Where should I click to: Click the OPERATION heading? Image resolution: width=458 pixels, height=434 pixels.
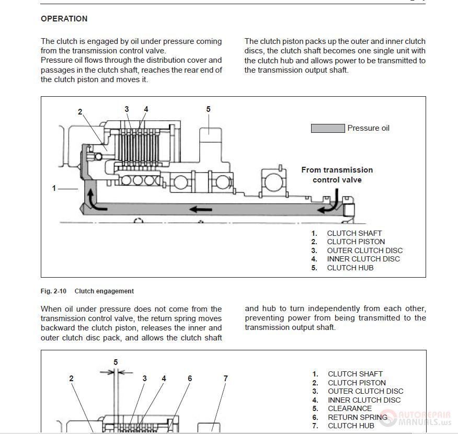(x=64, y=19)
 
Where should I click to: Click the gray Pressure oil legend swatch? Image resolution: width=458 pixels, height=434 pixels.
(x=328, y=128)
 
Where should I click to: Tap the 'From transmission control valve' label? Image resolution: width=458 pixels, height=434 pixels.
(x=337, y=175)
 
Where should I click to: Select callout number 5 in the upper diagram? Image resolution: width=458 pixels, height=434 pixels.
(x=208, y=109)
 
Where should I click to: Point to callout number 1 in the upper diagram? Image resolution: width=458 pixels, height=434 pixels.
(x=54, y=188)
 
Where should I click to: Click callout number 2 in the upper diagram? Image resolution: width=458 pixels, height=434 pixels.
(x=80, y=112)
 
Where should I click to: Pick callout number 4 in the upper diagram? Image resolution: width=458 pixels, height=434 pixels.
(x=146, y=109)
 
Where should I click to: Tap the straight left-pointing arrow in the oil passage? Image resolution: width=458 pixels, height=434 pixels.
(x=201, y=210)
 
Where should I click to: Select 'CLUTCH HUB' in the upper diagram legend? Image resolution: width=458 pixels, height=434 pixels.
(x=350, y=268)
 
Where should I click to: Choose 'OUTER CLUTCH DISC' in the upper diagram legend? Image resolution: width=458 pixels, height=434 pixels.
(x=364, y=250)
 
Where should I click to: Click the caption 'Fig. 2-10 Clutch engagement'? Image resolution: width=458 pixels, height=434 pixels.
(x=87, y=291)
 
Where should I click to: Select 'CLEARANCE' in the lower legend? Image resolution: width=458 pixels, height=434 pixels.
(x=349, y=408)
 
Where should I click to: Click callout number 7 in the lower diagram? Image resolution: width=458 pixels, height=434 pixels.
(x=225, y=379)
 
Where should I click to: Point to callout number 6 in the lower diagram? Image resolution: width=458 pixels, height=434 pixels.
(x=190, y=379)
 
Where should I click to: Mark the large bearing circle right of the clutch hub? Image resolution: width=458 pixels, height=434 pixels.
(x=273, y=182)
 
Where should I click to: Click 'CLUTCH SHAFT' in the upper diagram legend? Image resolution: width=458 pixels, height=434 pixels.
(x=354, y=233)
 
